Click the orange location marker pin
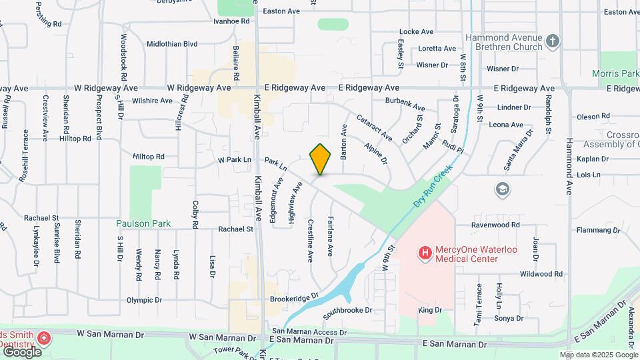point(321,159)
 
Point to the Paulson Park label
point(143,224)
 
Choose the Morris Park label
point(615,73)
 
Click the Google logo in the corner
point(21,351)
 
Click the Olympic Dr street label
point(144,300)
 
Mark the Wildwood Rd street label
point(541,274)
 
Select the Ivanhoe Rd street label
point(231,21)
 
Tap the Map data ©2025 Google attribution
point(599,355)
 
